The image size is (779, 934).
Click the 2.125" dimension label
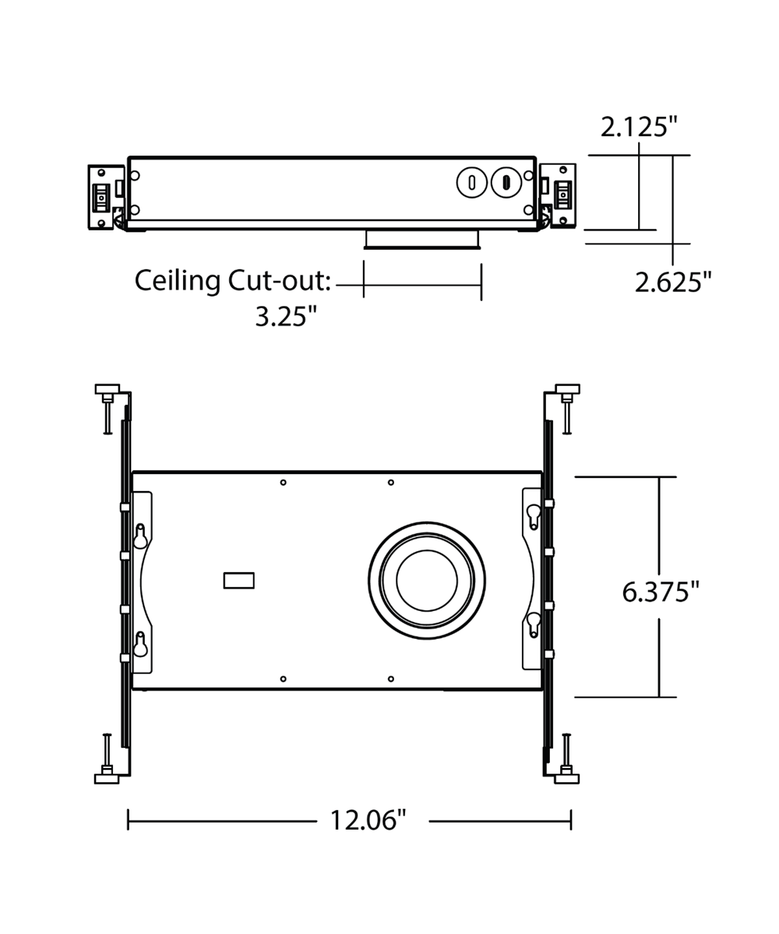click(639, 127)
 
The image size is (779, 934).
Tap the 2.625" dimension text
click(673, 283)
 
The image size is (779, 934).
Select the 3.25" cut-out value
click(286, 316)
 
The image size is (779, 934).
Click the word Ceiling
click(178, 282)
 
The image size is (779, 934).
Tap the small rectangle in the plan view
click(238, 581)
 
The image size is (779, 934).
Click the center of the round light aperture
click(427, 581)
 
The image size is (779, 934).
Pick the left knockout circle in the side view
click(471, 182)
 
